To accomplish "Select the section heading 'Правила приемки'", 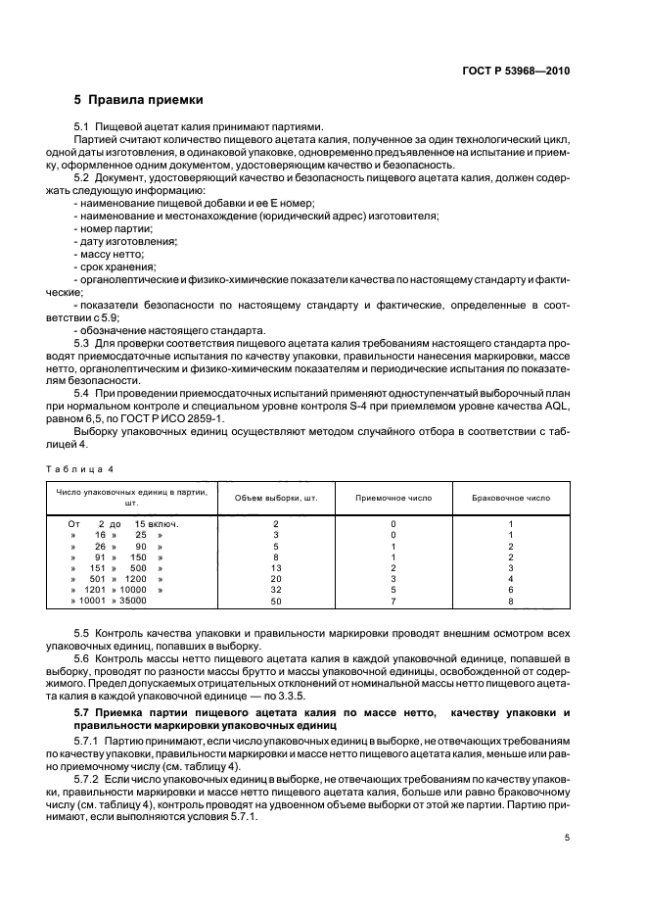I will [x=138, y=99].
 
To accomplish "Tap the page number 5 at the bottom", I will [x=567, y=837].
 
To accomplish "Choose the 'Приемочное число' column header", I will [x=393, y=497].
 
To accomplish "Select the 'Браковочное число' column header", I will [x=511, y=497].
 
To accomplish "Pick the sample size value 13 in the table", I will [x=276, y=567].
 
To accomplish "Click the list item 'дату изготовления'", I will [x=126, y=240].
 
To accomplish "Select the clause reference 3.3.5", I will [x=306, y=697].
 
